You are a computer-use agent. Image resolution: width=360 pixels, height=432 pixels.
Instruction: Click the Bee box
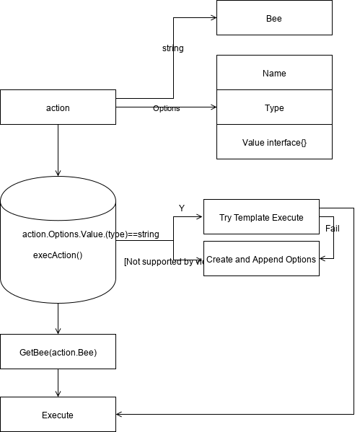point(274,18)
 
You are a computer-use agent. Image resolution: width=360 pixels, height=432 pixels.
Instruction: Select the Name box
point(274,73)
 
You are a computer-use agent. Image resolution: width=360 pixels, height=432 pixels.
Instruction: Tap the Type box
point(274,107)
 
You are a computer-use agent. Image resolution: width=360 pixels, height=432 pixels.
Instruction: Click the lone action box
point(58,107)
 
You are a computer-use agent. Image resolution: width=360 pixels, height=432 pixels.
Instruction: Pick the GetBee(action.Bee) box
point(58,352)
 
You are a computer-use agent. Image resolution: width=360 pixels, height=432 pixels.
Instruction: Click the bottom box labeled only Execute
point(58,415)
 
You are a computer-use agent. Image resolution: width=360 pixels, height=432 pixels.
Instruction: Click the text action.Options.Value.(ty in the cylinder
point(69,235)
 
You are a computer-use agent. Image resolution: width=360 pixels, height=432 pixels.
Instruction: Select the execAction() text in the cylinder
point(58,255)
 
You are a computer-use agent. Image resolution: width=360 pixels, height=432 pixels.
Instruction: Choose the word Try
point(226,218)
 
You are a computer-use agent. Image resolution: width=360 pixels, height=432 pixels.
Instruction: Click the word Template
point(254,218)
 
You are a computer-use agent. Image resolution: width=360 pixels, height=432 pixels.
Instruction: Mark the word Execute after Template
point(289,218)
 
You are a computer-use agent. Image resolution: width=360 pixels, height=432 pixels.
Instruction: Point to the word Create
point(219,260)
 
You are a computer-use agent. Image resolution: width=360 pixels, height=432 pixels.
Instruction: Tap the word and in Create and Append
point(242,260)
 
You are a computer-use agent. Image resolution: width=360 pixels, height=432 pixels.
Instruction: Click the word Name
point(274,74)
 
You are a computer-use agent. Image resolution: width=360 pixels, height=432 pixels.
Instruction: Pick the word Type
point(274,108)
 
